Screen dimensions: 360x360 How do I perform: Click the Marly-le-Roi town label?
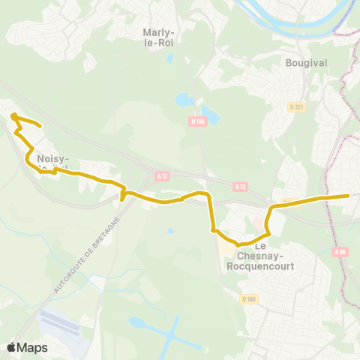pos(158,37)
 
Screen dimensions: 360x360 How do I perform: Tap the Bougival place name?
pos(306,63)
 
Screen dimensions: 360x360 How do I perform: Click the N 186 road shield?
pos(198,121)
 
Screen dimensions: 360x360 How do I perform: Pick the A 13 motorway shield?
pos(240,186)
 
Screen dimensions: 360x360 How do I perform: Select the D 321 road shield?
pos(295,107)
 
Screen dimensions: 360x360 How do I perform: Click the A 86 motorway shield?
pos(341,252)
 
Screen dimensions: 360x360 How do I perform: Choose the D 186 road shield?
pos(249,299)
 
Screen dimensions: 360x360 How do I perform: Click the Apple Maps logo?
pos(27,347)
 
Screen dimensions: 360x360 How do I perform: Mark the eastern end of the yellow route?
pos(349,196)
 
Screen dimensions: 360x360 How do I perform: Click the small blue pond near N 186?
pos(184,100)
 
